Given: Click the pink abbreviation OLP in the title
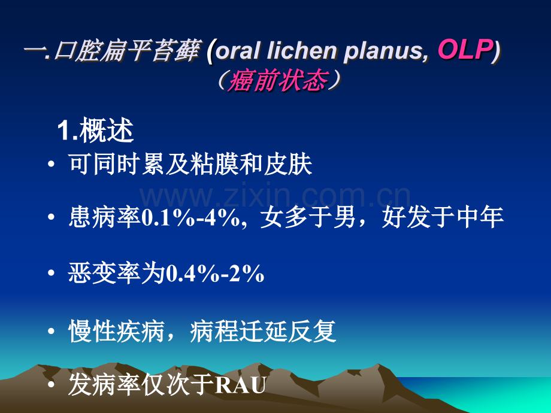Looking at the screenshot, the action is point(465,49).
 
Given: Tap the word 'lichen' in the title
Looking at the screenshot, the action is point(301,50).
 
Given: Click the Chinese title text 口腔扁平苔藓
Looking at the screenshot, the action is point(127,51).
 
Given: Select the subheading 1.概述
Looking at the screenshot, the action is point(95,130).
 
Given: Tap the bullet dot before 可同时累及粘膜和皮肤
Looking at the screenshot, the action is point(52,163).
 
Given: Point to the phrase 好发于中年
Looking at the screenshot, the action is point(443,217).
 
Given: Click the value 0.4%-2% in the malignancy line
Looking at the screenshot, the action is point(214,274).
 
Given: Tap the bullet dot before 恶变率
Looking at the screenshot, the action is point(52,273).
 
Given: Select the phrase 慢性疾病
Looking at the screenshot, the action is point(116,331).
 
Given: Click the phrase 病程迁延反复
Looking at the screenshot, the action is point(263,331).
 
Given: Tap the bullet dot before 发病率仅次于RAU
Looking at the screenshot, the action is point(52,384).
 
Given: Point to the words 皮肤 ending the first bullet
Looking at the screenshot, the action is point(288,164).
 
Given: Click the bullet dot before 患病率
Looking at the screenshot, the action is point(52,217).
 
